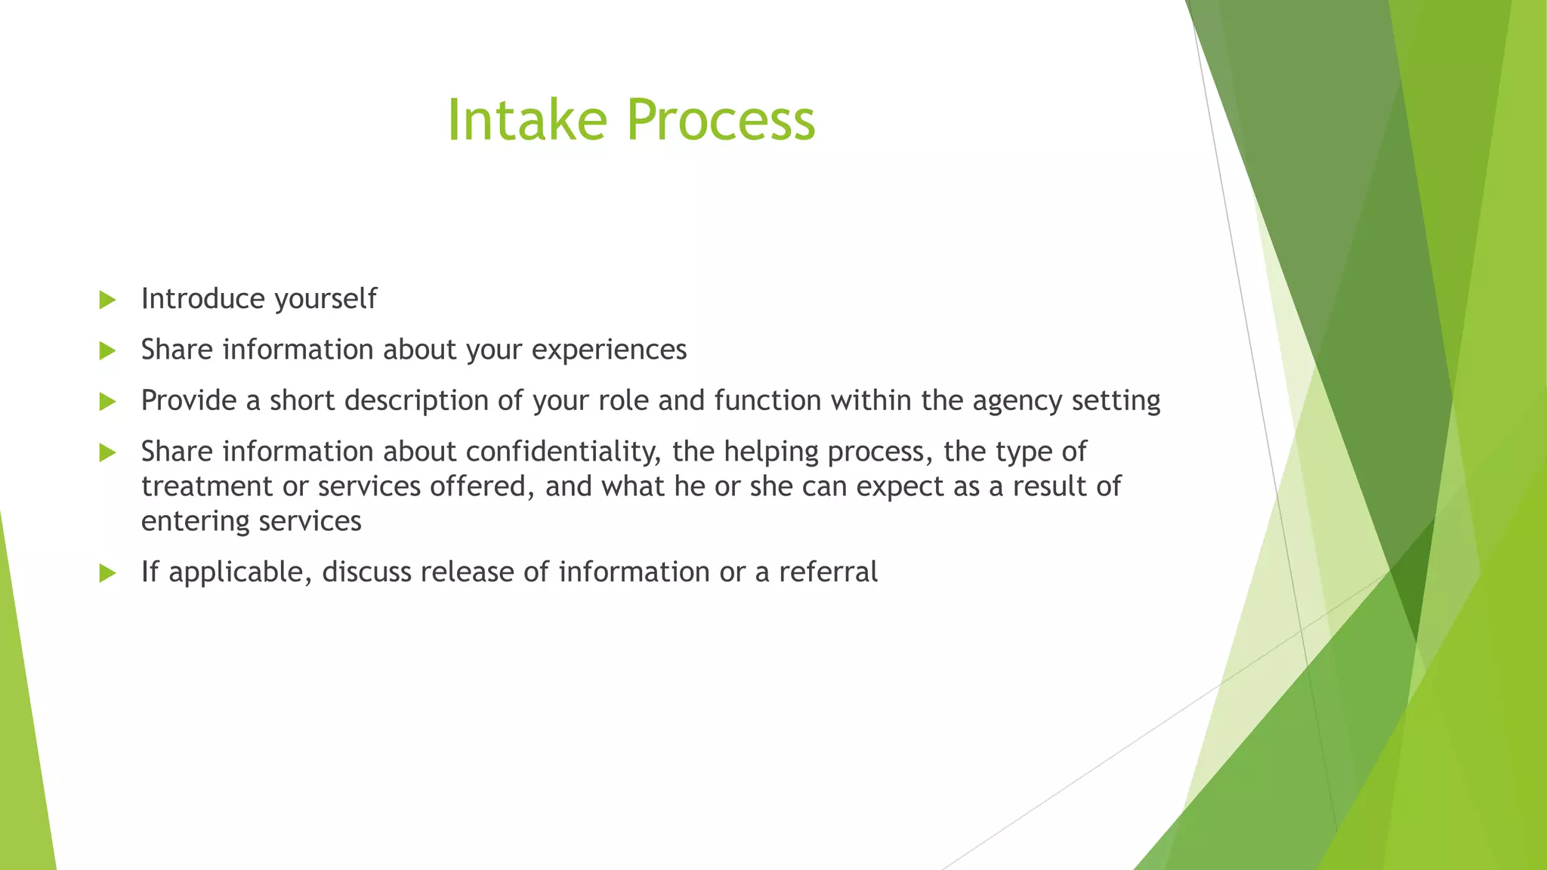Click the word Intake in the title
[x=526, y=119]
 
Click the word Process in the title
[x=721, y=119]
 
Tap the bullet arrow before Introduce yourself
[x=107, y=300]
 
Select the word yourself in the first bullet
[x=326, y=299]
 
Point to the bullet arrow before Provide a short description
[x=107, y=402]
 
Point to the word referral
[x=828, y=572]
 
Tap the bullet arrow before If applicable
[x=107, y=573]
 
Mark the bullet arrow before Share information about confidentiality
[x=107, y=452]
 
